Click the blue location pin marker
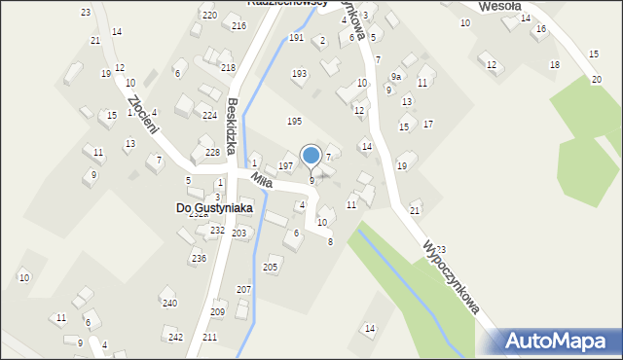311,157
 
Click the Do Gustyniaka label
214,208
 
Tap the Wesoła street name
501,6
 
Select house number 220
209,16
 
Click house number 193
299,74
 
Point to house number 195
294,121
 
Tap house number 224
209,115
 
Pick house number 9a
396,76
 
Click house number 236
199,258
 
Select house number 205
271,267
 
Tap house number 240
169,304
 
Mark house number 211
209,337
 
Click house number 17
427,124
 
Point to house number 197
285,166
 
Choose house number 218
228,67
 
